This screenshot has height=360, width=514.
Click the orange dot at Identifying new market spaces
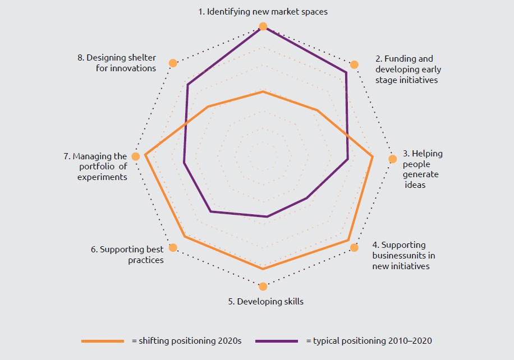point(263,26)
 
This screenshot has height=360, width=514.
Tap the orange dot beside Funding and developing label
point(354,64)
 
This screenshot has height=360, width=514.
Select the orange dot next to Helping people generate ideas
point(393,159)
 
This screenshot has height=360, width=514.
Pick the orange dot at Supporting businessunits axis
point(354,247)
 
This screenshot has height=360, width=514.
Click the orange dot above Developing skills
point(263,287)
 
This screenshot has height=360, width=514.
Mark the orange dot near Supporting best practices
point(173,247)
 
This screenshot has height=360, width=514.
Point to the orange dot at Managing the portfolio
point(135,156)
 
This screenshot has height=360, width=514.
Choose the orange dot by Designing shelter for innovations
point(173,63)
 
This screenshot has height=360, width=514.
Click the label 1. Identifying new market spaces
point(263,11)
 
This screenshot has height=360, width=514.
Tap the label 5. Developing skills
point(265,302)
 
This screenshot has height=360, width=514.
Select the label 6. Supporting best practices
point(128,255)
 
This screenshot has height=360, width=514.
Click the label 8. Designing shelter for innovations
point(117,63)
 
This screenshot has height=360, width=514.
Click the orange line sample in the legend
point(102,341)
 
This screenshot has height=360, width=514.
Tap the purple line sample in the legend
point(277,341)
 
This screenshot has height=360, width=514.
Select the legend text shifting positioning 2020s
point(186,341)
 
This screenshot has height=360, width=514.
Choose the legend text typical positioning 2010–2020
point(369,341)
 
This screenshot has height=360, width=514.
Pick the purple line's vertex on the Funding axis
point(346,72)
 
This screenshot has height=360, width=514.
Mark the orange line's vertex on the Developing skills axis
point(263,269)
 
